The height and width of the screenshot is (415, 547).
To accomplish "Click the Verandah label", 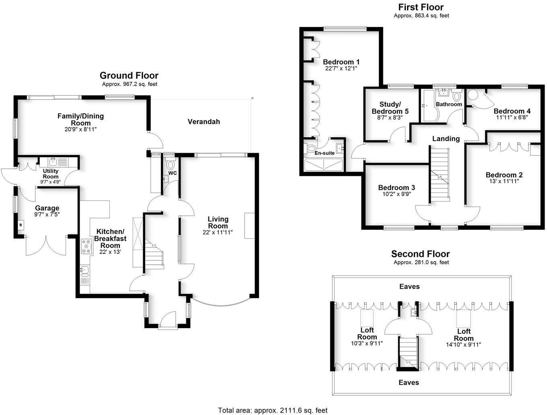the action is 204,121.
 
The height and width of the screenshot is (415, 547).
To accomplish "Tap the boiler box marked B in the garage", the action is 21,225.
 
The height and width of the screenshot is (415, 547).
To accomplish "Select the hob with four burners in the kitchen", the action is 86,246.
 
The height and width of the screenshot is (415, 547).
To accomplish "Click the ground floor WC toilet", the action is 170,165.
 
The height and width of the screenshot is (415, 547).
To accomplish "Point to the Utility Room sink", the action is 53,162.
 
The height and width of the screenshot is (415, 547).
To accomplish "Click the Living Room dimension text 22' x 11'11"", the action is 218,232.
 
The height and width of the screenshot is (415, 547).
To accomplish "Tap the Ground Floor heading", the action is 129,76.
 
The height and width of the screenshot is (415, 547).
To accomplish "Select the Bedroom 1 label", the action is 341,62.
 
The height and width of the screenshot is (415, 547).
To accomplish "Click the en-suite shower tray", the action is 323,165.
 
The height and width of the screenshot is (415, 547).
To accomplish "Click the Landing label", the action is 446,139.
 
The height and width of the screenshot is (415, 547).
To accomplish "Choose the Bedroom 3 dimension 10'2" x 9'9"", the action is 396,194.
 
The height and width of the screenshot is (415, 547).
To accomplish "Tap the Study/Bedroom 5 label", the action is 390,108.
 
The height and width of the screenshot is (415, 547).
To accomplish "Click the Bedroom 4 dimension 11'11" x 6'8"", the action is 512,118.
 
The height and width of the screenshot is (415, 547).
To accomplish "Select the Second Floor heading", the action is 420,254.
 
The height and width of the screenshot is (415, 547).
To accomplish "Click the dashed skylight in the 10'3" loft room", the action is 366,318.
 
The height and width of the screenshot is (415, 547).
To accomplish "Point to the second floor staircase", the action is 409,352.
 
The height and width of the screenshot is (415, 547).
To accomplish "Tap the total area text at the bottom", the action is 273,410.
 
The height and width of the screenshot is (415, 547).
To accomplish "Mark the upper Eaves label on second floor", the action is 409,286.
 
